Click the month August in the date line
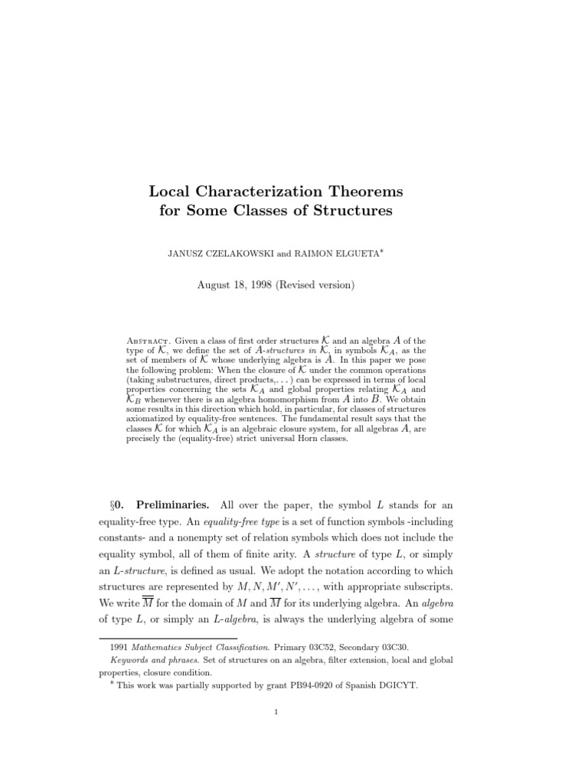tap(217, 284)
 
